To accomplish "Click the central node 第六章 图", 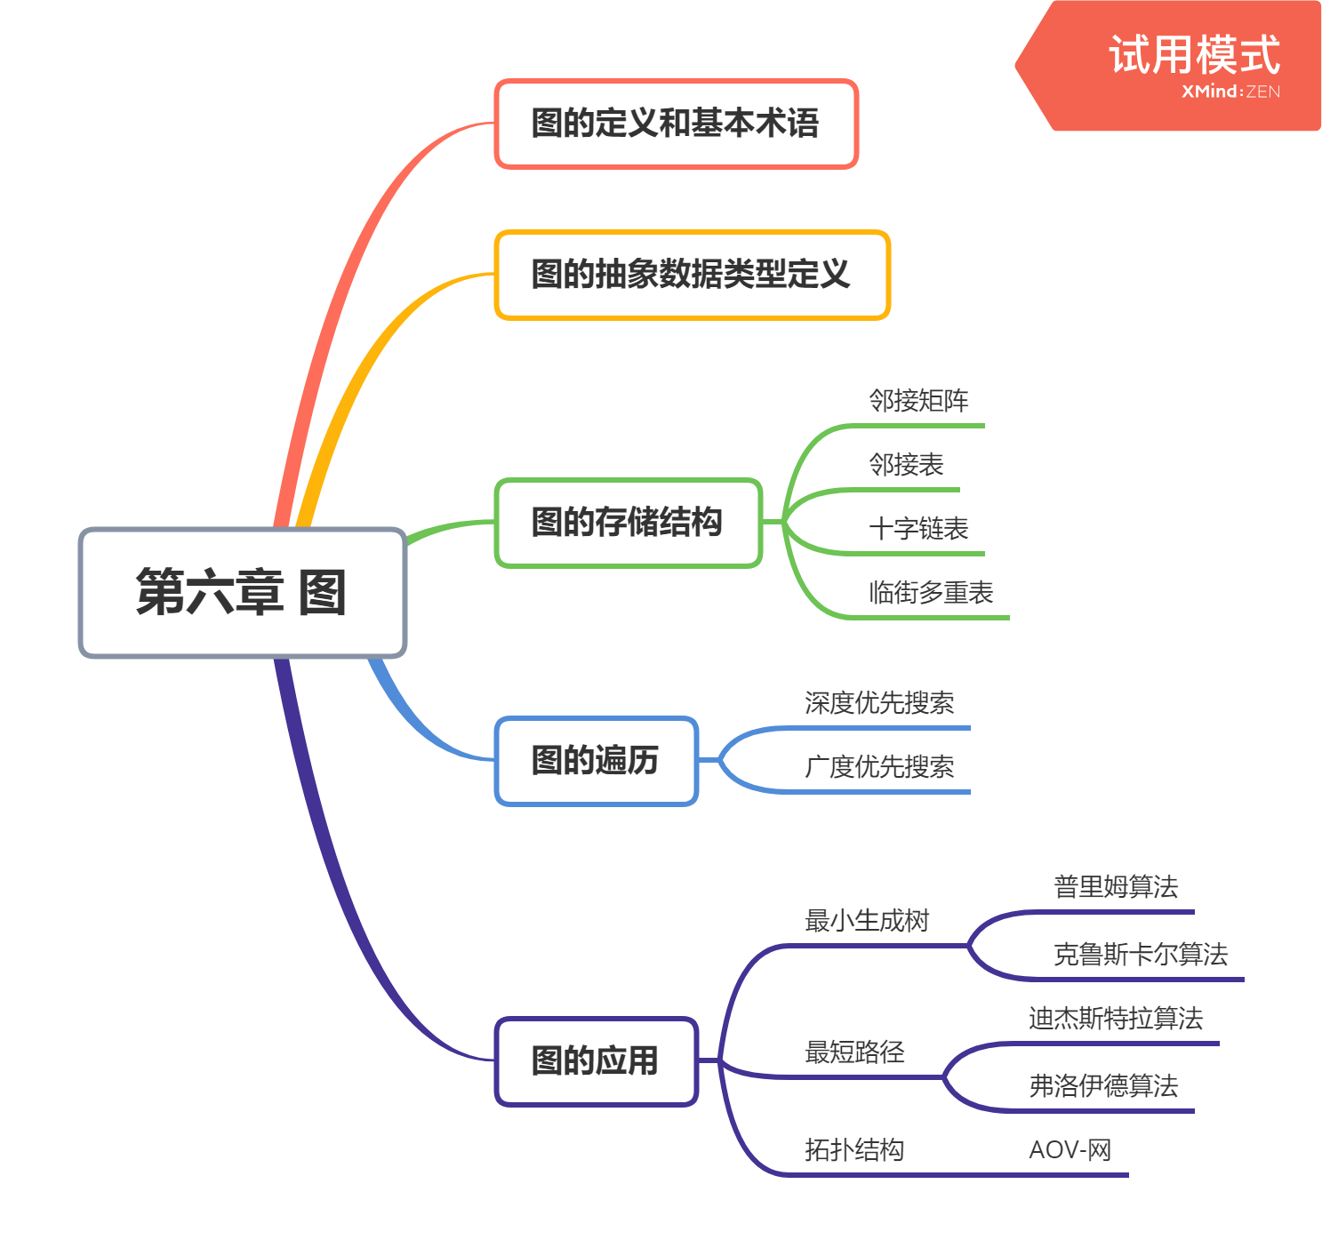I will click(242, 593).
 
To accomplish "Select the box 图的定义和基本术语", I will click(676, 124).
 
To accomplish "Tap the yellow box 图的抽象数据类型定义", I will click(692, 275).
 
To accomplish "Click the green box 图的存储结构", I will click(628, 523).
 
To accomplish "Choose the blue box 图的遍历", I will click(596, 761).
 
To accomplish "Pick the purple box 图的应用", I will click(596, 1061).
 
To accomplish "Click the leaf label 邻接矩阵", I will click(918, 401).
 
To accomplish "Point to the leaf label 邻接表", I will click(906, 465).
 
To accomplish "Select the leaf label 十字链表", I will click(918, 529).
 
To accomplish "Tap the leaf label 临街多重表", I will click(931, 593).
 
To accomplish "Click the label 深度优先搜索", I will click(879, 703).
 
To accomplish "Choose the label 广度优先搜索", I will click(879, 767).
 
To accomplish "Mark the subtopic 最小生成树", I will click(867, 921).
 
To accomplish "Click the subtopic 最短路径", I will click(854, 1052).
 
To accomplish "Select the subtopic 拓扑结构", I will click(854, 1150).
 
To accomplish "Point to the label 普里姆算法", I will click(1116, 887).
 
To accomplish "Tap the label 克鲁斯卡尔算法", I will click(1141, 955).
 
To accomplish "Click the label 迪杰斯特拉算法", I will click(1116, 1019).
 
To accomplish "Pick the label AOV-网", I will click(1070, 1150).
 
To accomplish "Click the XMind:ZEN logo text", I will click(1230, 92).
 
